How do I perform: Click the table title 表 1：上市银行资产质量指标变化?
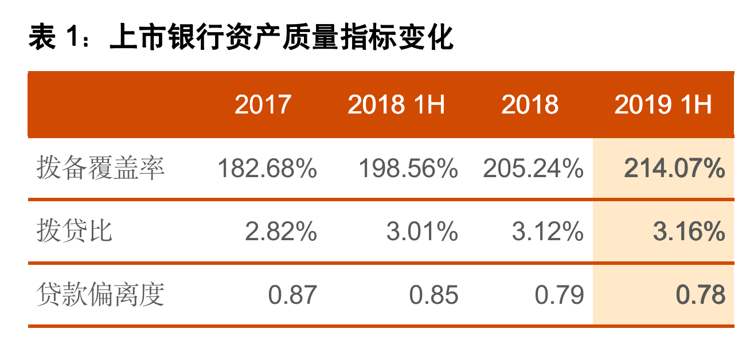pyautogui.click(x=241, y=38)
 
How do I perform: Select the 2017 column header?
pyautogui.click(x=263, y=105)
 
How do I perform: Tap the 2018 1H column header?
pyautogui.click(x=396, y=105)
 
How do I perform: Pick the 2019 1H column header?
pyautogui.click(x=663, y=105)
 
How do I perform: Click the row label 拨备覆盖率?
pyautogui.click(x=101, y=169)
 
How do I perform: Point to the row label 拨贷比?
pyautogui.click(x=75, y=232)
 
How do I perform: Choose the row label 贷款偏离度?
pyautogui.click(x=101, y=295)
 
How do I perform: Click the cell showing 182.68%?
pyautogui.click(x=267, y=169)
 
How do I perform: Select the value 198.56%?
pyautogui.click(x=408, y=169)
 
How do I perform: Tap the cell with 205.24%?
pyautogui.click(x=533, y=169)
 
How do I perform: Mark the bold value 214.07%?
pyautogui.click(x=674, y=169)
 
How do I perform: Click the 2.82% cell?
pyautogui.click(x=281, y=232)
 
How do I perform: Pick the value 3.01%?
pyautogui.click(x=422, y=232)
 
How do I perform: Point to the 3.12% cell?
pyautogui.click(x=548, y=232)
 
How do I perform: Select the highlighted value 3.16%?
pyautogui.click(x=689, y=232)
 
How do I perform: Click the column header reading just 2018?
pyautogui.click(x=530, y=105)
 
